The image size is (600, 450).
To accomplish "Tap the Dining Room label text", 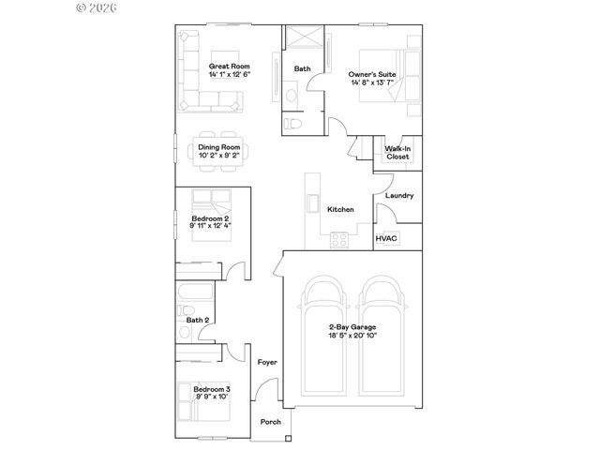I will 219,147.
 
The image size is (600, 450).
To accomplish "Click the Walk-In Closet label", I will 397,153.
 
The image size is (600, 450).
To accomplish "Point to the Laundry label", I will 399,195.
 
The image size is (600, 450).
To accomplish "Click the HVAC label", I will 386,238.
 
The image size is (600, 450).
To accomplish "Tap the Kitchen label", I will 339,209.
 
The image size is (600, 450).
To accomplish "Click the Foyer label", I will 266,362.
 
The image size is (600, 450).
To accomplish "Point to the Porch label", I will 271,422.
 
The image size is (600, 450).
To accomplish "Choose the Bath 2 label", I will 197,320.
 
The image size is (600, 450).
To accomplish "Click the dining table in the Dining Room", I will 219,151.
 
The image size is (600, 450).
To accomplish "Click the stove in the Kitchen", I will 339,239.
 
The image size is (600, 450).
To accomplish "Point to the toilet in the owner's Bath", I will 294,122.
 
